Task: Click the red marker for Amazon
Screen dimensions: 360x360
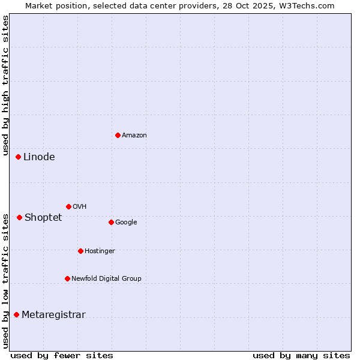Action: (x=118, y=135)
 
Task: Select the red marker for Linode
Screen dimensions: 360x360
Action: (x=18, y=157)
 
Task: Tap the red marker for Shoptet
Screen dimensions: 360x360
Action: (x=19, y=217)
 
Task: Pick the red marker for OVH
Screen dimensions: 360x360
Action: (x=68, y=206)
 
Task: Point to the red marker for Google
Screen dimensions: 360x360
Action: (x=111, y=222)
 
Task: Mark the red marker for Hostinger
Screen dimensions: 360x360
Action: (x=80, y=251)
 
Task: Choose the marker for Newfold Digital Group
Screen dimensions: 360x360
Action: (x=67, y=278)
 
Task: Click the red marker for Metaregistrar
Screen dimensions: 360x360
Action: (x=16, y=314)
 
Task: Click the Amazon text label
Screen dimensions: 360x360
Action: (x=134, y=136)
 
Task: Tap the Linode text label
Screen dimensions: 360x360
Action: (x=39, y=157)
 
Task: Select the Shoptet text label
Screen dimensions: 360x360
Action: (x=43, y=218)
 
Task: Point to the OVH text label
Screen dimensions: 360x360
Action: (x=80, y=207)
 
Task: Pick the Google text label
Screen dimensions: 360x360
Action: (x=126, y=223)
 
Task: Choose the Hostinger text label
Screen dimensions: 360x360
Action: (x=100, y=251)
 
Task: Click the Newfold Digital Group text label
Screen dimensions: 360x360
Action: (x=106, y=279)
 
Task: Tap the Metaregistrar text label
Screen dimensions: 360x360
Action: (x=53, y=315)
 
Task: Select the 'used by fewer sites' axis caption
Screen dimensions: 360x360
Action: (x=62, y=355)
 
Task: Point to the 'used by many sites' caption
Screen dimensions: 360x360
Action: (x=301, y=355)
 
